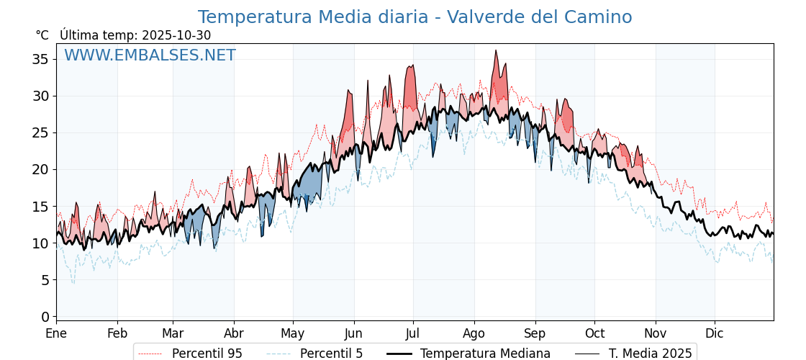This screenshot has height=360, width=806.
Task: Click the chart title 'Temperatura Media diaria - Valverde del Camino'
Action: pos(415,17)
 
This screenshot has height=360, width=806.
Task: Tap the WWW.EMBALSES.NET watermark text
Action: pos(150,55)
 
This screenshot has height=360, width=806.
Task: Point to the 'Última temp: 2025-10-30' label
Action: pos(135,35)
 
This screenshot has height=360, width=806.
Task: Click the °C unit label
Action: pos(42,35)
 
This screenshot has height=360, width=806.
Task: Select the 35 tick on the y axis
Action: pos(40,59)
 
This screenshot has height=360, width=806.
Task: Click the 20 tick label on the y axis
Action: pos(40,169)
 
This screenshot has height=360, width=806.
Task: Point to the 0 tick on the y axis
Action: pos(45,317)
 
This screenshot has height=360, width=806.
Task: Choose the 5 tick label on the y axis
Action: pos(45,280)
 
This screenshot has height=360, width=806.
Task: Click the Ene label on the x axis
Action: pos(56,333)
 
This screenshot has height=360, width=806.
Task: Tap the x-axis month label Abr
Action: pos(234,333)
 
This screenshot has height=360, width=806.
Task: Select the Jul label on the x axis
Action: pos(413,333)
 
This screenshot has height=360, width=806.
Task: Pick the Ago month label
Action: pos(474,333)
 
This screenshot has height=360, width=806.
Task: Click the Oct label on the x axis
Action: pos(594,333)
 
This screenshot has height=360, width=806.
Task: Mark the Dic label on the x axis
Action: pos(715,333)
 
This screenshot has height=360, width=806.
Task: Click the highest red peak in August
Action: pos(496,50)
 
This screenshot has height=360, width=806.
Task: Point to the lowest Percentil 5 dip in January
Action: pos(73,283)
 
